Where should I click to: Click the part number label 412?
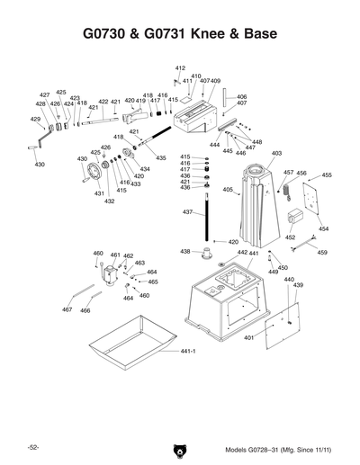coord(180,68)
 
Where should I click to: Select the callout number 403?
coord(276,154)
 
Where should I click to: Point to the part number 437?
coord(188,212)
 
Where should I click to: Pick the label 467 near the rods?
coord(67,310)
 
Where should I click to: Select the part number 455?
coord(326,175)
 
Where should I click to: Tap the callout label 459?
coord(322,252)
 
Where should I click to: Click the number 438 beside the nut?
coord(185,251)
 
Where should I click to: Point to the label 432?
coord(109,201)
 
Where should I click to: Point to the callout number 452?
coord(290,238)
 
